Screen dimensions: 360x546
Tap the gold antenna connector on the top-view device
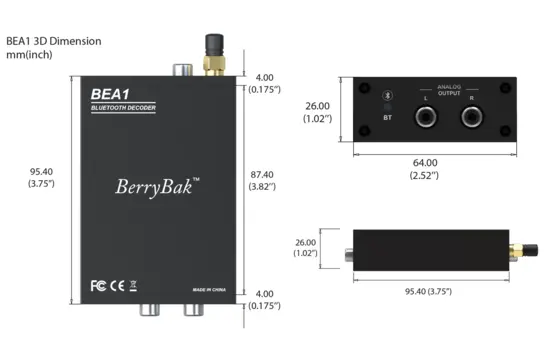point(213,65)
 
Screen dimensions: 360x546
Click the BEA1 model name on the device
point(106,94)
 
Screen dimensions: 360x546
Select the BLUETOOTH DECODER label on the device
point(126,106)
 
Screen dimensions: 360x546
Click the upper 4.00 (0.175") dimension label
point(264,82)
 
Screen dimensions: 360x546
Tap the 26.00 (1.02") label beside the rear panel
point(318,112)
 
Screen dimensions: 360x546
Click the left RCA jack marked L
point(426,118)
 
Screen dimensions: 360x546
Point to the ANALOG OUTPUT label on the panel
point(446,90)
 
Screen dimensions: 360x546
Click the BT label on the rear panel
point(387,118)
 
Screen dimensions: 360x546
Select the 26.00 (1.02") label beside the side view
point(305,247)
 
